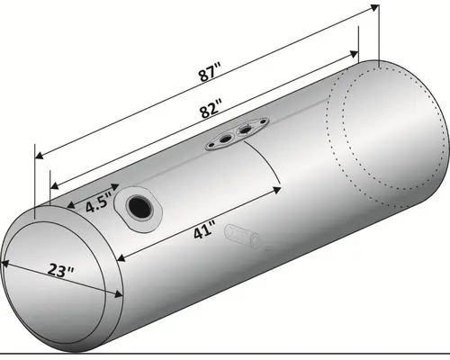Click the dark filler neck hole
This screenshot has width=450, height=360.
139,207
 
